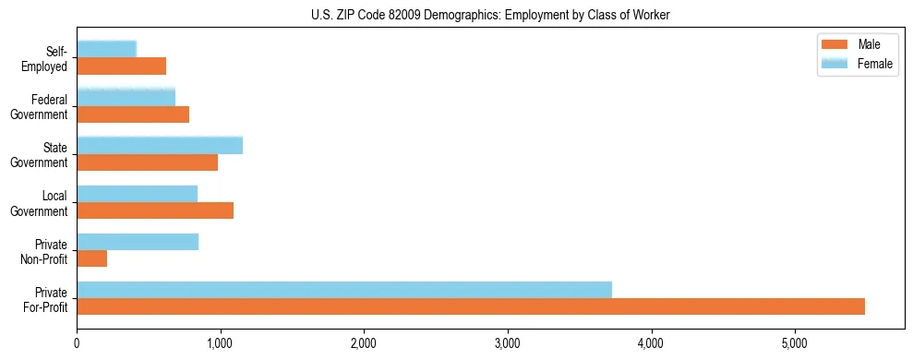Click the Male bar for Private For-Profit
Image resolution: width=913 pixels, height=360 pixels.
coord(471,306)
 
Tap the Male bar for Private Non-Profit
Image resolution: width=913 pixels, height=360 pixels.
coord(92,258)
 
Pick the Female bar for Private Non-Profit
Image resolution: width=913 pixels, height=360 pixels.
coord(138,242)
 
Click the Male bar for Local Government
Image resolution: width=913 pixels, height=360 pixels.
coord(155,210)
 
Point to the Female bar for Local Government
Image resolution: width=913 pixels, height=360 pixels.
coord(138,194)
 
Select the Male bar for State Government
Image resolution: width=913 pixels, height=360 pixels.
coord(148,162)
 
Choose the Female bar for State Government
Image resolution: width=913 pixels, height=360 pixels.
coord(160,145)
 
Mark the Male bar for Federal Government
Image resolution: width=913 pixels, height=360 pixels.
coord(133,114)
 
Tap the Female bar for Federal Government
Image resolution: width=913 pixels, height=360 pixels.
coord(126,97)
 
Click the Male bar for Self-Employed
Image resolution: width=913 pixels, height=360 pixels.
coord(122,66)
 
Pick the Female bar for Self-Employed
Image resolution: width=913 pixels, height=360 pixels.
coord(107,49)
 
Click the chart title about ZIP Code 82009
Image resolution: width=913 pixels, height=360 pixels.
coord(491,15)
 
